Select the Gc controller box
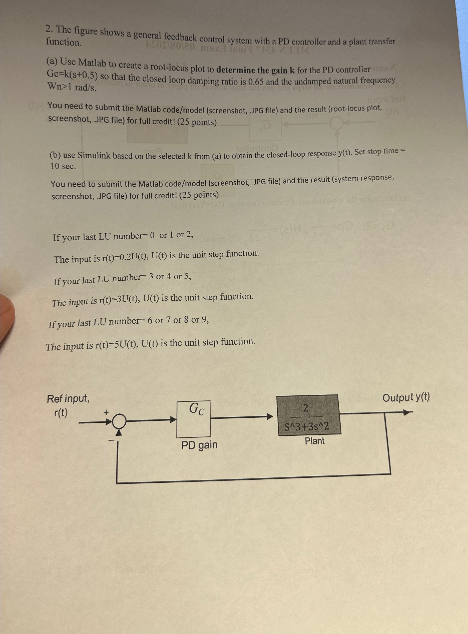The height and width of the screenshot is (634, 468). tap(194, 419)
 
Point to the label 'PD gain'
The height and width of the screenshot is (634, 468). tap(199, 445)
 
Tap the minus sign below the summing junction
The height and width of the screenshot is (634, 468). tap(112, 440)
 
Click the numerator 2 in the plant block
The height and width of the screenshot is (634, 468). tap(306, 408)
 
